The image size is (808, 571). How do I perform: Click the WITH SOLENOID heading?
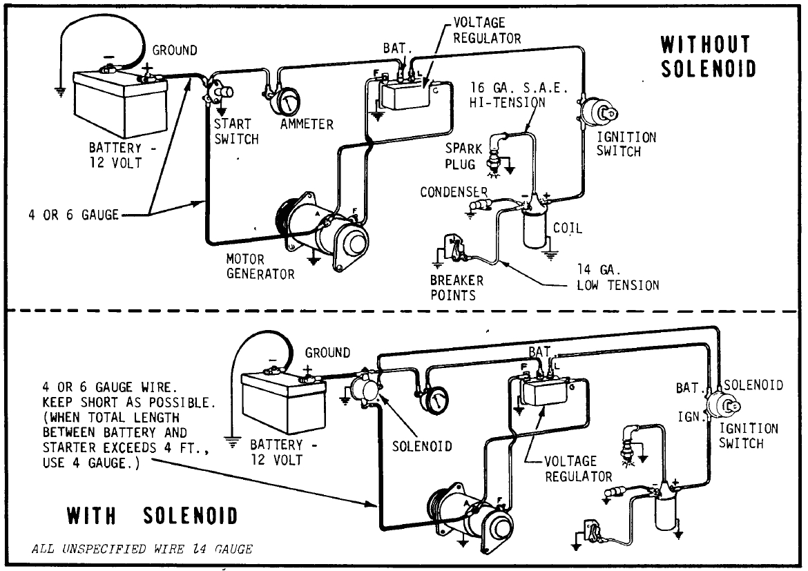tap(151, 516)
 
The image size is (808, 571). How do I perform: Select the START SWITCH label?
tap(235, 131)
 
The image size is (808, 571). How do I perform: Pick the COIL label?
tap(566, 228)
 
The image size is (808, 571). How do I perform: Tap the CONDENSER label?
tap(454, 192)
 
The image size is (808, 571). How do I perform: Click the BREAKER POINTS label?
tap(457, 289)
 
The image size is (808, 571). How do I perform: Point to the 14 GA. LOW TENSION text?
tap(617, 278)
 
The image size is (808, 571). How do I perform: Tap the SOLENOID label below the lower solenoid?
tap(422, 445)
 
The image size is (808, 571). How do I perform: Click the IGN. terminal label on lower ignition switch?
tap(690, 417)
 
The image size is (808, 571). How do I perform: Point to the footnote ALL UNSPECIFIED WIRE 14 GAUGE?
tap(142, 550)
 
